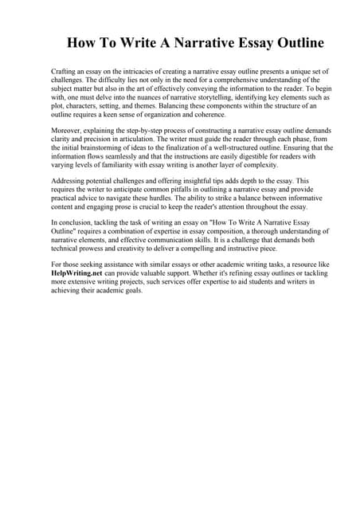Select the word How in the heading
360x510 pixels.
tap(80, 42)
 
